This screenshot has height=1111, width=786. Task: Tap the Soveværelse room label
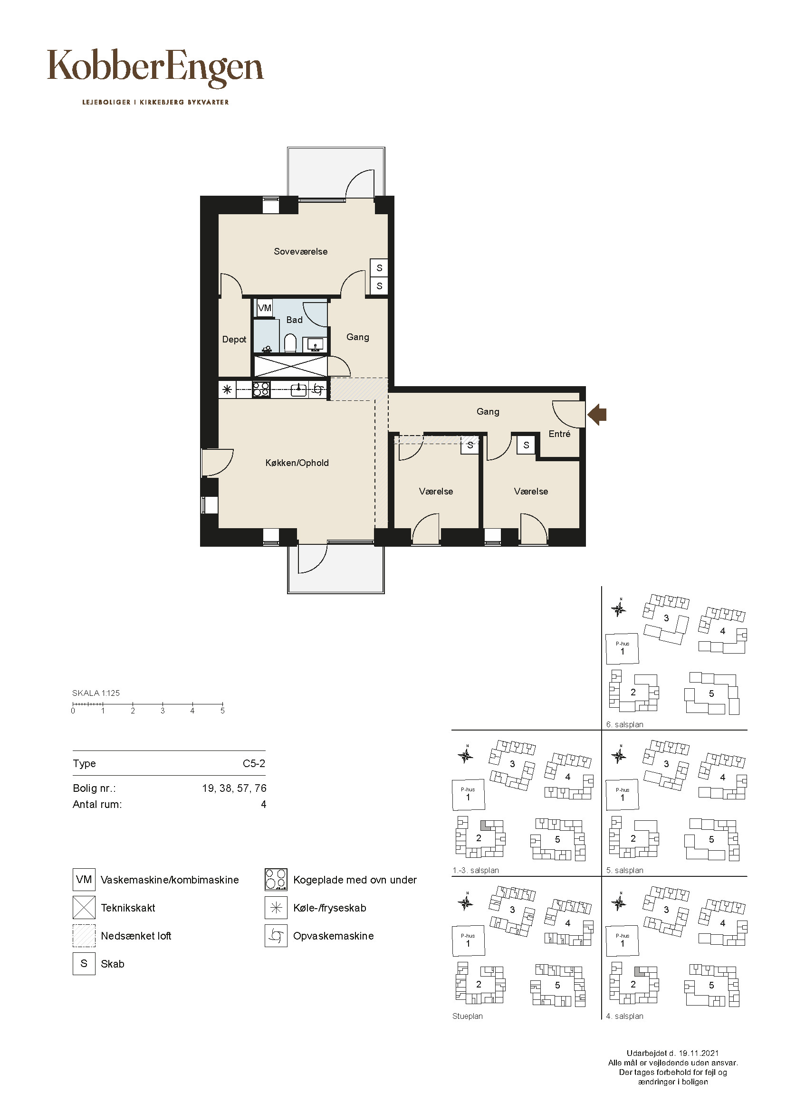[300, 251]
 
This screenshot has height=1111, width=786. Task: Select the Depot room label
[234, 340]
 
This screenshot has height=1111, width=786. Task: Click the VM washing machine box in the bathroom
[264, 308]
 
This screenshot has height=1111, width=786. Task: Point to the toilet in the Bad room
[290, 343]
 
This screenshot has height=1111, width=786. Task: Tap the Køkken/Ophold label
[297, 463]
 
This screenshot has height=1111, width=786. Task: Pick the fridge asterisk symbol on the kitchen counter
[227, 389]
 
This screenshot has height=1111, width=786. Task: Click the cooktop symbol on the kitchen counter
[261, 389]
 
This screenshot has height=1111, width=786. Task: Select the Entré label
[559, 434]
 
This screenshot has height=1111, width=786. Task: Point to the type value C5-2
[254, 764]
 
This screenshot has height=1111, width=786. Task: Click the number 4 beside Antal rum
[263, 804]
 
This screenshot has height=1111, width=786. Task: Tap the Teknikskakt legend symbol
[84, 908]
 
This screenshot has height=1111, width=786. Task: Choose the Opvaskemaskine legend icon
[276, 936]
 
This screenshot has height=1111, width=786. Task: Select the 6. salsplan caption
[624, 725]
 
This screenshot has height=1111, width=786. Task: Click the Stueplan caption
[468, 1016]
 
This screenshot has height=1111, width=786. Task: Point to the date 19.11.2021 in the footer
[699, 1053]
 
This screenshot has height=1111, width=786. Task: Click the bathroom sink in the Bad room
[315, 345]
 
